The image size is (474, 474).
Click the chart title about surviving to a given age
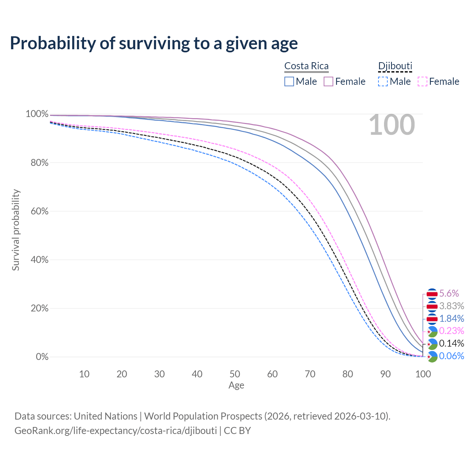click(x=154, y=43)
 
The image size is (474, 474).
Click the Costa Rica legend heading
click(x=306, y=66)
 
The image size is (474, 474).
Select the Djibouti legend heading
click(x=395, y=66)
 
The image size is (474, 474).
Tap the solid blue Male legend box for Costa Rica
click(x=289, y=81)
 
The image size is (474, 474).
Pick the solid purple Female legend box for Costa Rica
click(x=329, y=81)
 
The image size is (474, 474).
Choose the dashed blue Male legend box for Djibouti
click(x=383, y=81)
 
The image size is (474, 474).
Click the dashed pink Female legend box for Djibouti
click(x=423, y=81)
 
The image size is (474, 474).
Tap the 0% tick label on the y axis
click(x=42, y=357)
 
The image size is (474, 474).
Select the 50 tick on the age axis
click(x=235, y=374)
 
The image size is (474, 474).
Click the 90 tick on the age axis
click(x=385, y=374)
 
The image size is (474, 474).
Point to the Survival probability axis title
click(x=16, y=230)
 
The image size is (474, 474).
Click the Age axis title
click(x=236, y=385)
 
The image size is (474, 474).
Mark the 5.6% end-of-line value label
click(x=449, y=294)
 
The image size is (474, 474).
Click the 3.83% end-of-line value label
click(x=451, y=306)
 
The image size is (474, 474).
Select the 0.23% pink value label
click(x=451, y=331)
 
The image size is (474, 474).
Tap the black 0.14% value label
click(x=451, y=343)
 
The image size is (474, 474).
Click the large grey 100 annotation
click(x=392, y=125)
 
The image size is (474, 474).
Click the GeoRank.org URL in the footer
click(x=116, y=431)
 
